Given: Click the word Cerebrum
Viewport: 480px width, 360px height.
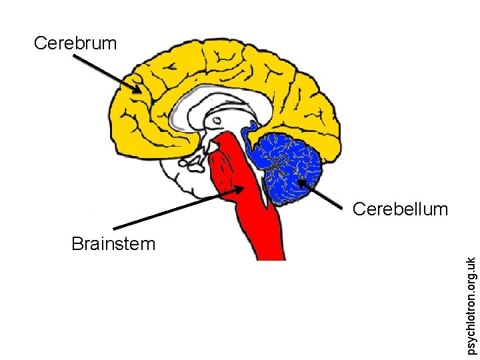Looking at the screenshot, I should point(75,43).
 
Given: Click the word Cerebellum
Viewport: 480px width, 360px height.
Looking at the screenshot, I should point(400,209).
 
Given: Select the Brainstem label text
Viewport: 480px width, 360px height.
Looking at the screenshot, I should point(113,243).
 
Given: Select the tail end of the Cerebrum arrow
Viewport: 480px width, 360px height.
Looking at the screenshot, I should point(73,56).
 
